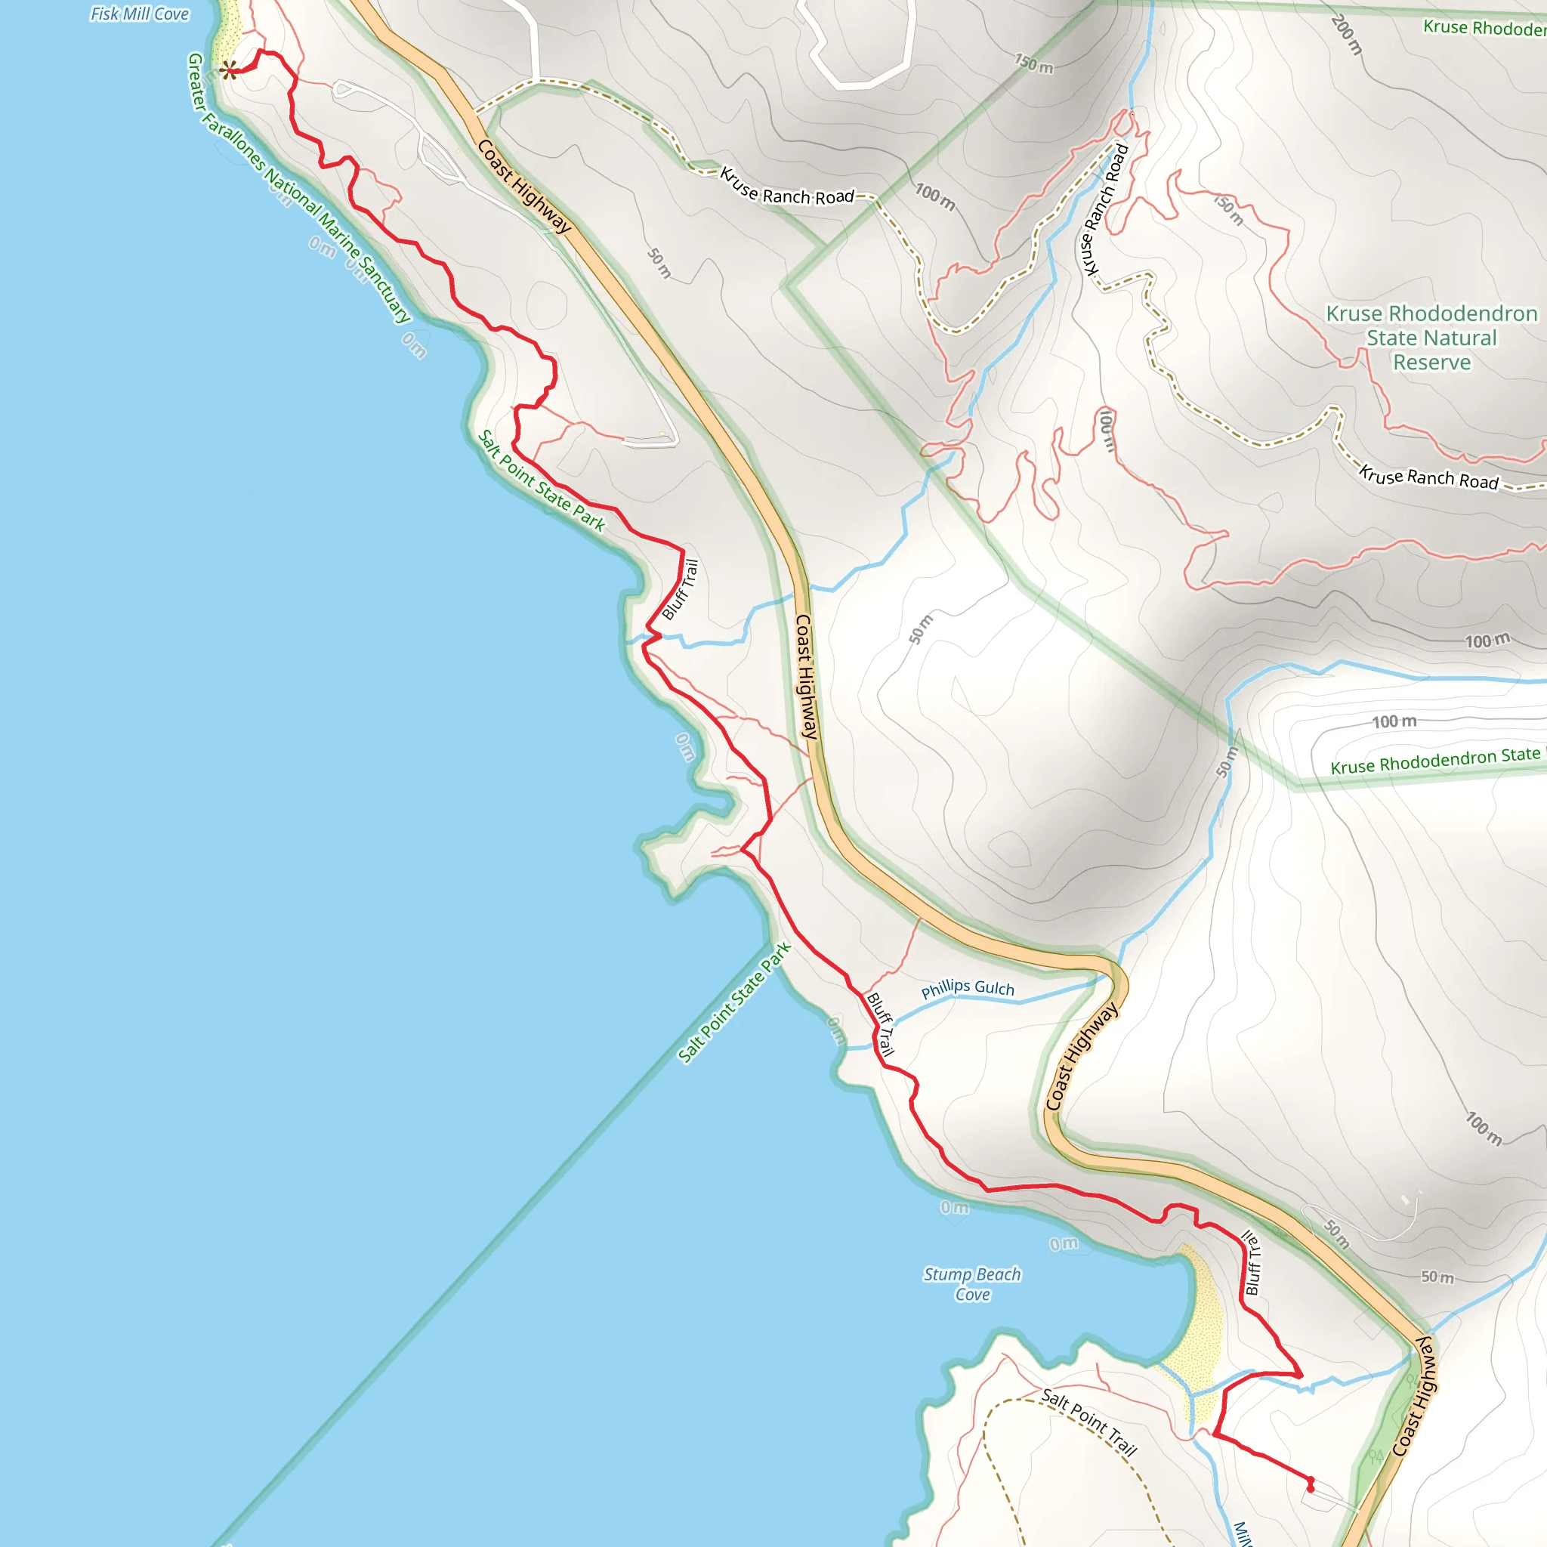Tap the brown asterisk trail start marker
[x=228, y=70]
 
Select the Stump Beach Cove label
[x=972, y=1283]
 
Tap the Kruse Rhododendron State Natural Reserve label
[x=1431, y=337]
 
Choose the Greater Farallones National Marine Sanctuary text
[x=298, y=189]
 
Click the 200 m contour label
[x=1347, y=36]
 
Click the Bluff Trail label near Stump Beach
[x=1252, y=1262]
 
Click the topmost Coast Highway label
[x=524, y=186]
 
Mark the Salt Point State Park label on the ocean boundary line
[x=734, y=1002]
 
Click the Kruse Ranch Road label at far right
[x=1428, y=477]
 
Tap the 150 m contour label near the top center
[x=1034, y=64]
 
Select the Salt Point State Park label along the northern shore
[x=542, y=480]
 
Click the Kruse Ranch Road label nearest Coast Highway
[x=786, y=187]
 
